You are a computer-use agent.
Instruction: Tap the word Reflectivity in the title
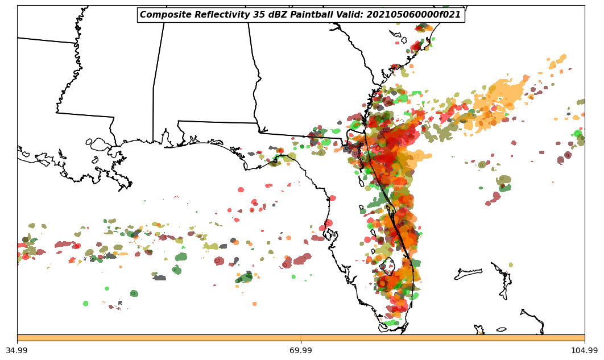(x=213, y=15)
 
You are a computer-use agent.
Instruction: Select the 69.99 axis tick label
(x=301, y=350)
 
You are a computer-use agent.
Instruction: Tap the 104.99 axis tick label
(x=584, y=350)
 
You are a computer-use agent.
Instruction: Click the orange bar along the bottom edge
(x=301, y=338)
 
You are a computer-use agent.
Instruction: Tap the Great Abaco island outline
(x=502, y=283)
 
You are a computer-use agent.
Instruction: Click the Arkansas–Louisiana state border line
(x=45, y=40)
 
